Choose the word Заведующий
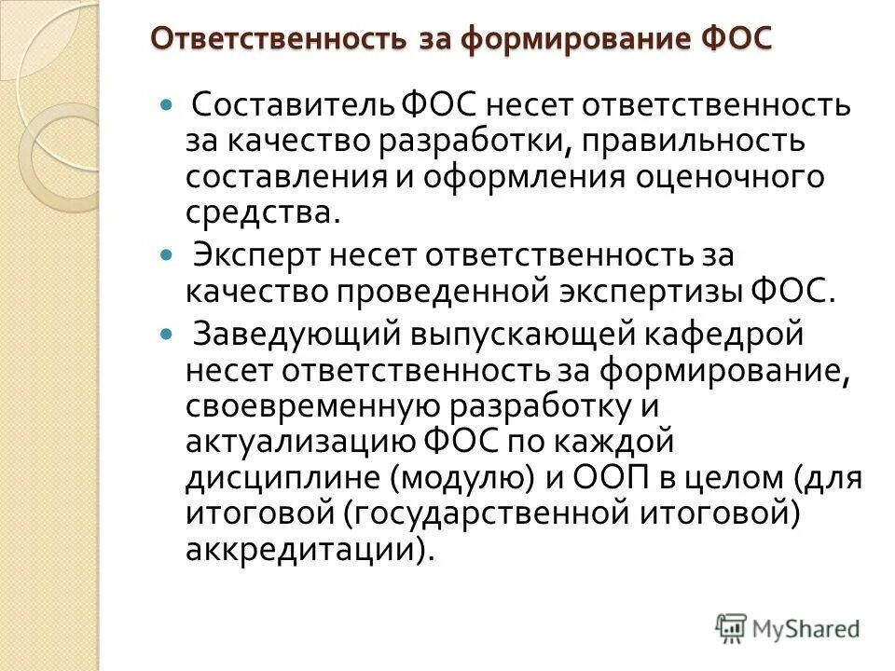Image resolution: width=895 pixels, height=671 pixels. point(296,332)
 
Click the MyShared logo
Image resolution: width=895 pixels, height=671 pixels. point(787,627)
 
